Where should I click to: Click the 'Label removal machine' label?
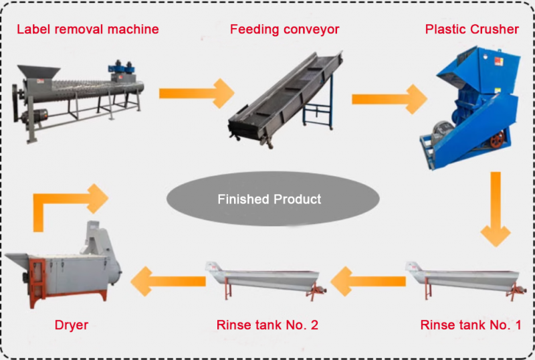click(88, 29)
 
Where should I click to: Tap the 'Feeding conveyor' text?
click(284, 29)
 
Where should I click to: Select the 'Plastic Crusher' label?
click(471, 29)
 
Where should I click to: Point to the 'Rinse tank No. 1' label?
click(470, 326)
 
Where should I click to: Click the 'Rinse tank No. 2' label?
click(267, 326)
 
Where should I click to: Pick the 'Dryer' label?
click(71, 326)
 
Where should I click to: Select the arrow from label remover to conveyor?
click(194, 93)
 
